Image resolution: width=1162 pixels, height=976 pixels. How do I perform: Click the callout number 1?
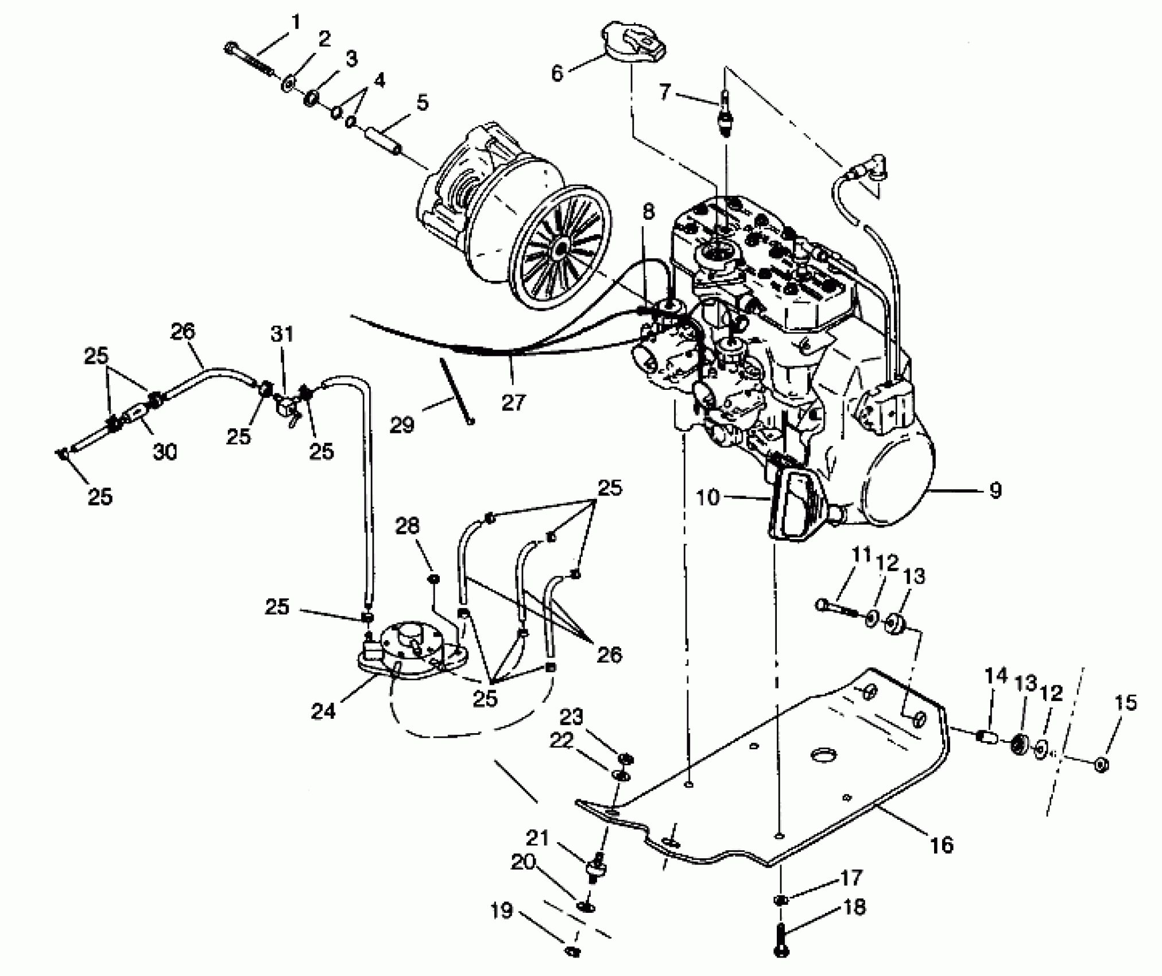tap(296, 23)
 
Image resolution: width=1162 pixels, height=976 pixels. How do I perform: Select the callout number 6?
tap(557, 73)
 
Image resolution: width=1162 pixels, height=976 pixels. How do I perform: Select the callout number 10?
tap(708, 497)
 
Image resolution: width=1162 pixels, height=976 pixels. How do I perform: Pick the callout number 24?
tap(323, 711)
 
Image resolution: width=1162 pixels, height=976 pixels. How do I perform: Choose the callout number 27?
tap(513, 402)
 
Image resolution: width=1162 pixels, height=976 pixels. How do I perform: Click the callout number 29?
tap(401, 425)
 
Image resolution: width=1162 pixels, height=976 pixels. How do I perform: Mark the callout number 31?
tap(282, 334)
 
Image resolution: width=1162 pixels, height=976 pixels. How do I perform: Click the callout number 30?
tap(165, 452)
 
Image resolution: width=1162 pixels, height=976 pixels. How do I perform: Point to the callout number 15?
tap(1125, 703)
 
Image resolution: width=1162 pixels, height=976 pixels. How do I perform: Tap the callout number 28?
tap(408, 526)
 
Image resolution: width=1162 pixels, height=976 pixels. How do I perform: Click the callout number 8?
tap(648, 212)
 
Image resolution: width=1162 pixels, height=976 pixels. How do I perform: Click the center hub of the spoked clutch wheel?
tap(561, 247)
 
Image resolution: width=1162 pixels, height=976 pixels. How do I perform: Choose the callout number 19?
tap(502, 911)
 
